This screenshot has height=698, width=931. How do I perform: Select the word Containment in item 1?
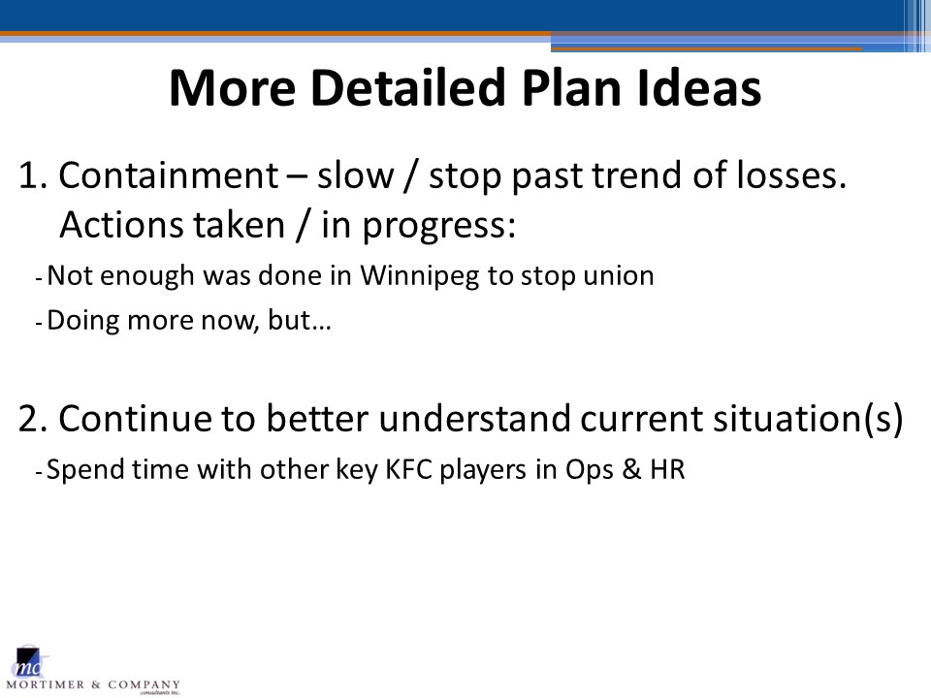(x=168, y=175)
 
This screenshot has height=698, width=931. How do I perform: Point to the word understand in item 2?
(x=474, y=418)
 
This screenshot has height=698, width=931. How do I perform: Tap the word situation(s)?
(x=808, y=419)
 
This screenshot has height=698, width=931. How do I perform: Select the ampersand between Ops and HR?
(x=631, y=469)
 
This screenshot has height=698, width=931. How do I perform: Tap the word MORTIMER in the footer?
(x=46, y=685)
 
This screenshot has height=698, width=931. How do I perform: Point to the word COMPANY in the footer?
(x=144, y=685)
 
